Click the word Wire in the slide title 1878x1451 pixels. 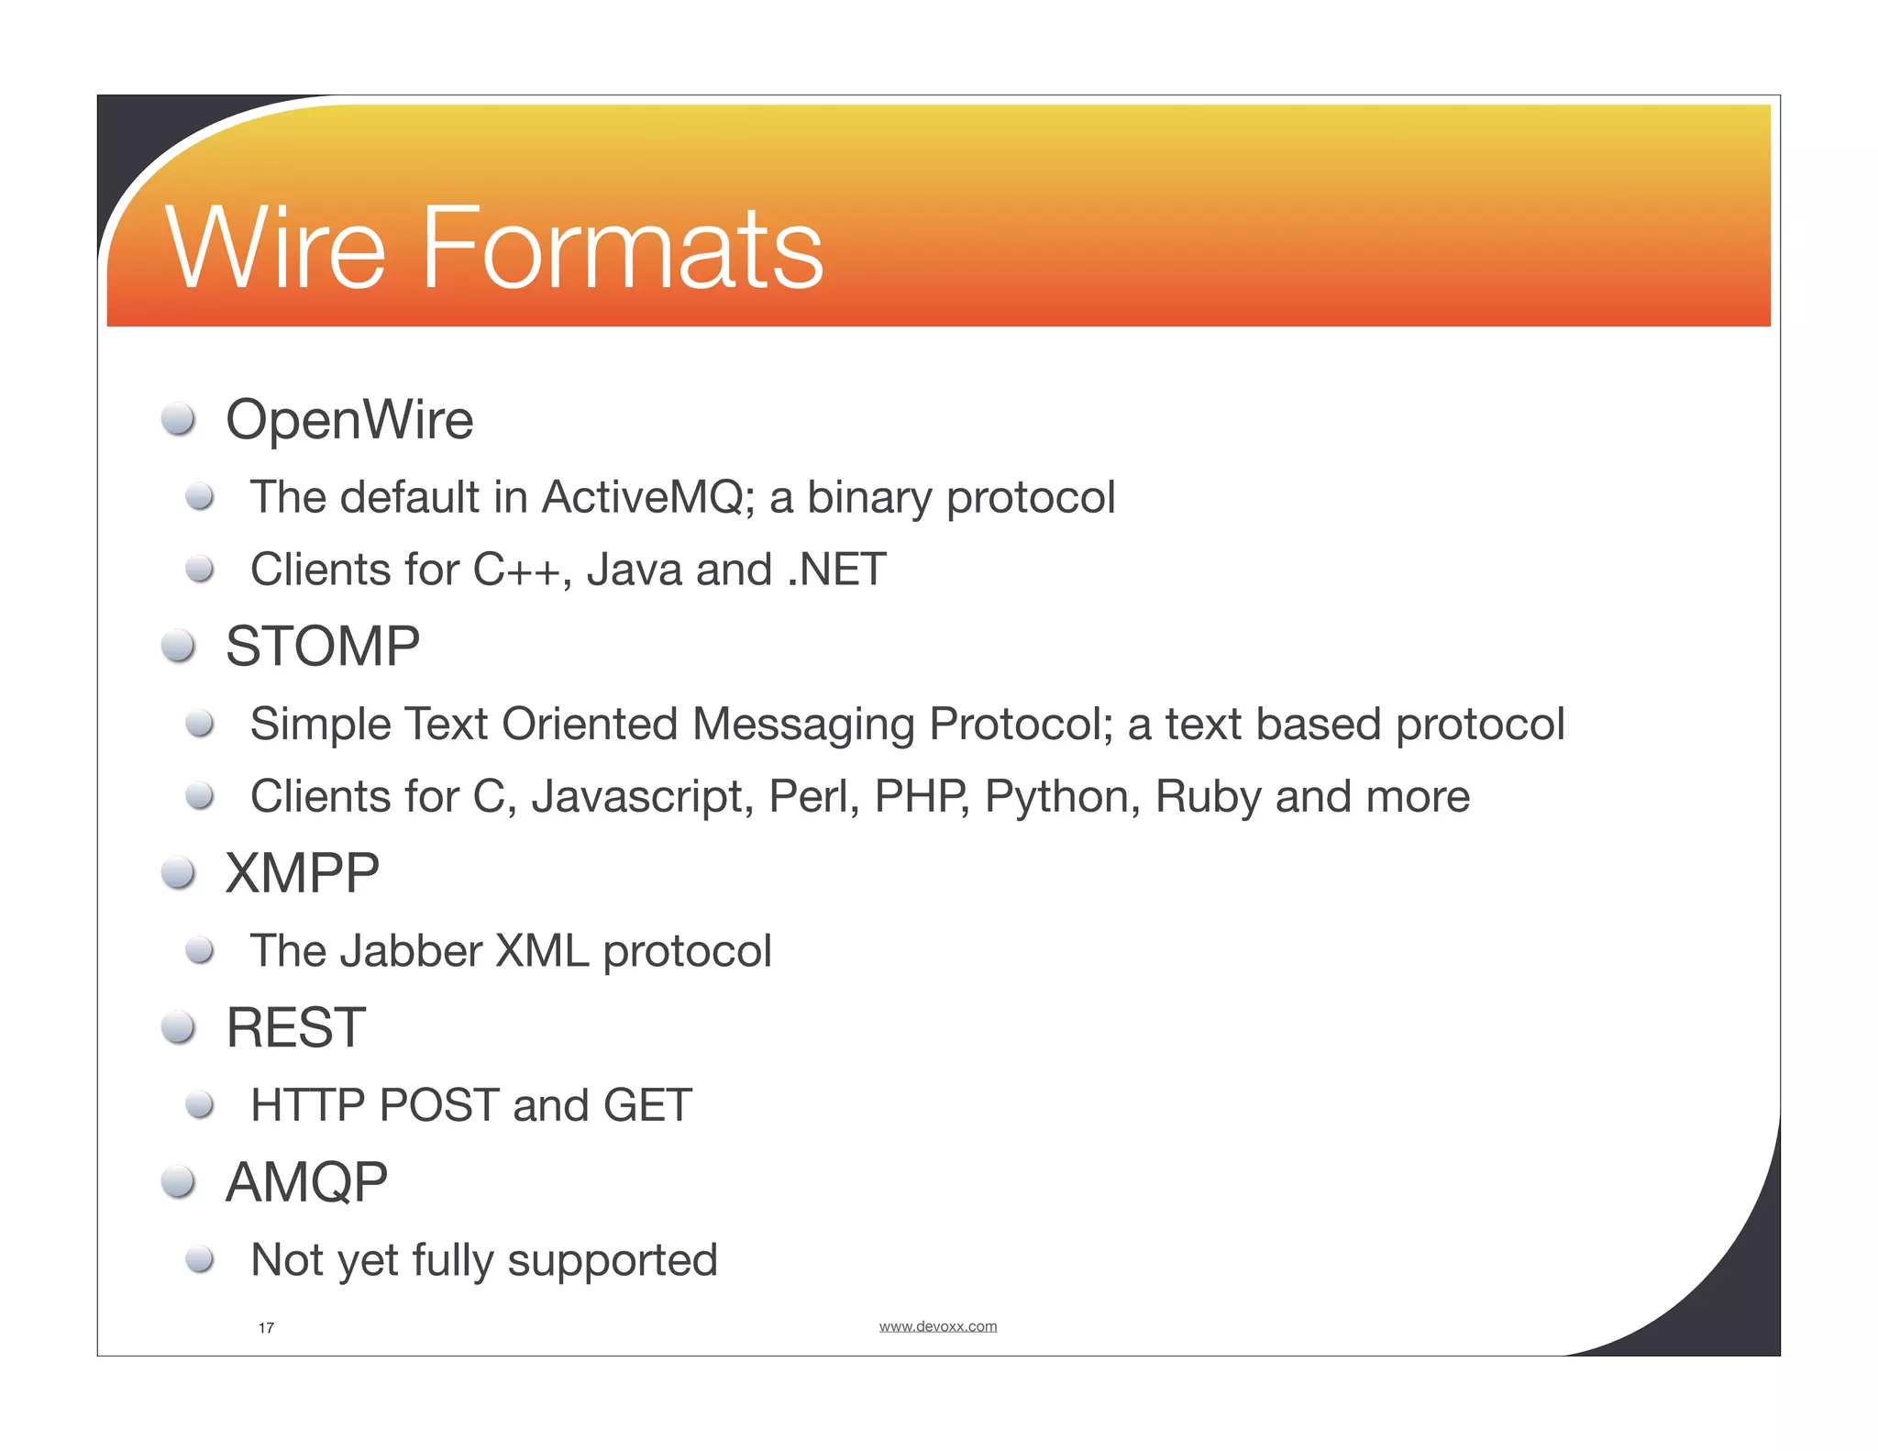275,249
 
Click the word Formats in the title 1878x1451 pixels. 622,249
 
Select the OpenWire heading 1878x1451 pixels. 349,420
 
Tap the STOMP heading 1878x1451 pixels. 323,647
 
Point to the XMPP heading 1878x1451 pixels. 303,873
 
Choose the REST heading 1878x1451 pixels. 296,1027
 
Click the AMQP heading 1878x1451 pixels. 307,1182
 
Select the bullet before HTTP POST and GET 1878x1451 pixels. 200,1104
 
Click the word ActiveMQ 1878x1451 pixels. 647,497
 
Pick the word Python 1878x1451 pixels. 1062,797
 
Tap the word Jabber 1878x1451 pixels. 411,951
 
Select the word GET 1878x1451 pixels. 647,1105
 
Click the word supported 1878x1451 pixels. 613,1261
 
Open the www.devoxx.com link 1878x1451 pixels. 937,1326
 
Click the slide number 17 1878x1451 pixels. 266,1328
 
